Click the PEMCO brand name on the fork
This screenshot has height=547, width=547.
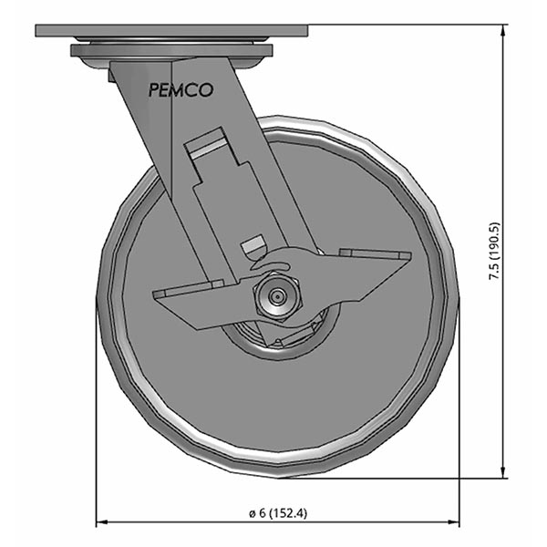pyautogui.click(x=181, y=89)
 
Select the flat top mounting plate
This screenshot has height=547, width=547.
pyautogui.click(x=171, y=31)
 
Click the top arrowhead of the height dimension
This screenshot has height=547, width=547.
pyautogui.click(x=504, y=30)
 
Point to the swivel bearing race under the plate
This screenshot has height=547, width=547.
pyautogui.click(x=171, y=52)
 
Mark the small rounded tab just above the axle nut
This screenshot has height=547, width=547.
pyautogui.click(x=253, y=246)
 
